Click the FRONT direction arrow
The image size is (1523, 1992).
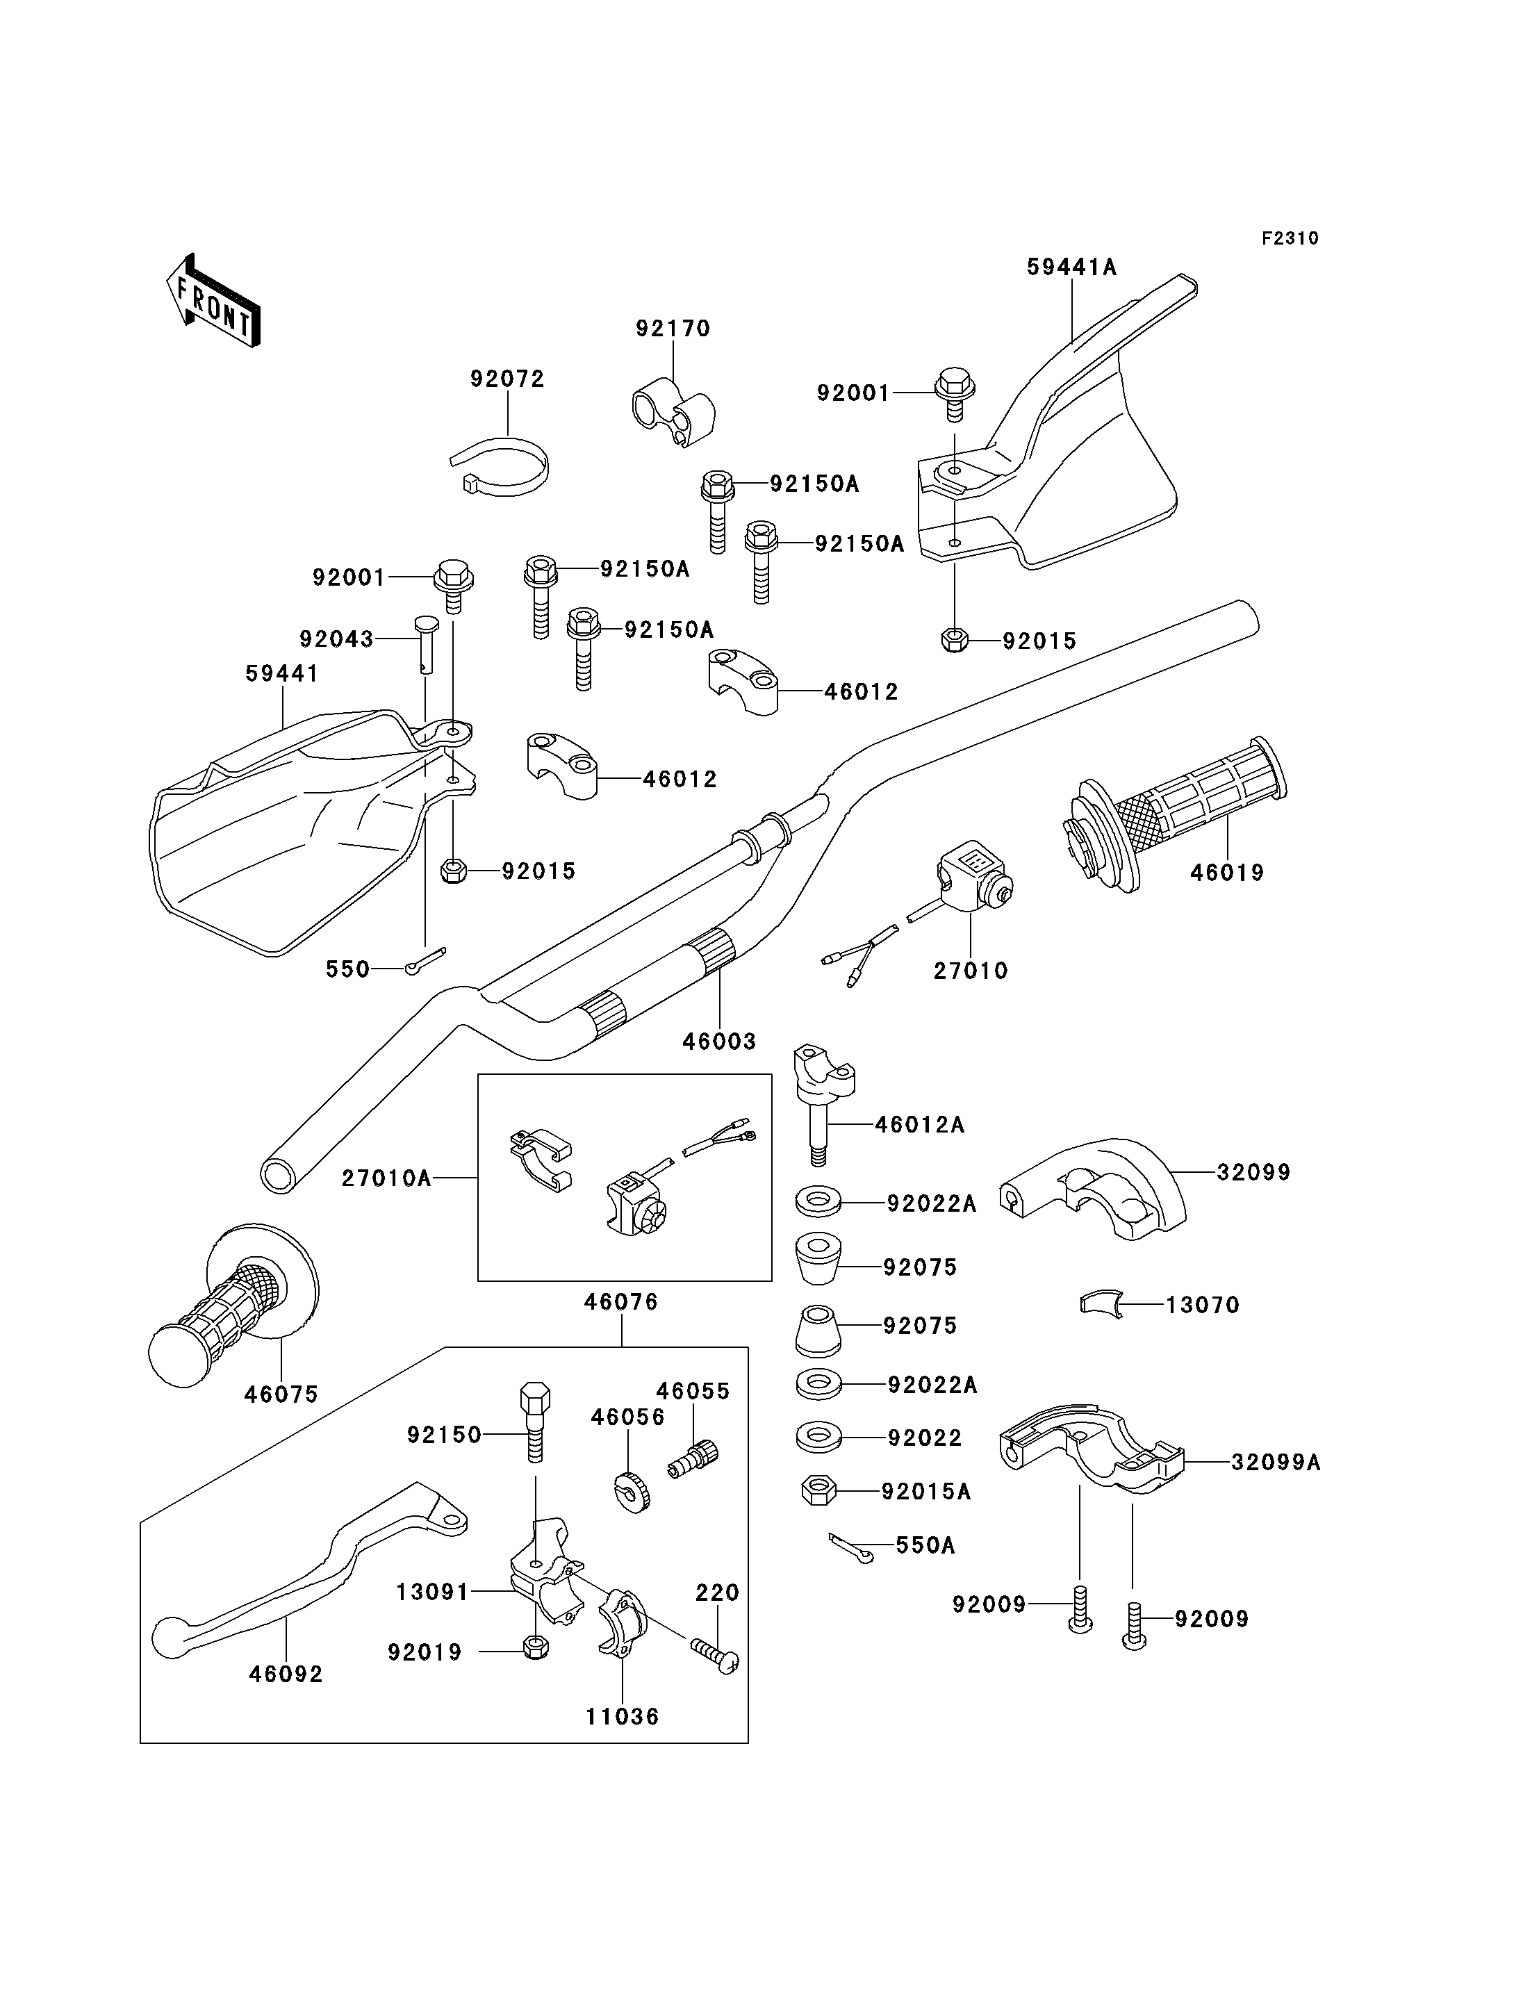(x=214, y=300)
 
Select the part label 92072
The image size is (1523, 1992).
(x=508, y=379)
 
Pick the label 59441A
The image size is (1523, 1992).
(x=1071, y=267)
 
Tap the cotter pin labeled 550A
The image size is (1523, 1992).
(x=851, y=1549)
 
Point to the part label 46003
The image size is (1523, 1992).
(x=720, y=1042)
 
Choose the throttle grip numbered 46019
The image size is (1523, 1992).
(x=1175, y=814)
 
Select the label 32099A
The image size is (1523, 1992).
(x=1276, y=1462)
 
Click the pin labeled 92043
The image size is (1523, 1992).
(x=425, y=645)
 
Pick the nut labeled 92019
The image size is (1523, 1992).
(x=536, y=1647)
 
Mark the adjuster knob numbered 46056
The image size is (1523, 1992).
(x=632, y=1493)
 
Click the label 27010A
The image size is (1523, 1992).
(x=386, y=1178)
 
